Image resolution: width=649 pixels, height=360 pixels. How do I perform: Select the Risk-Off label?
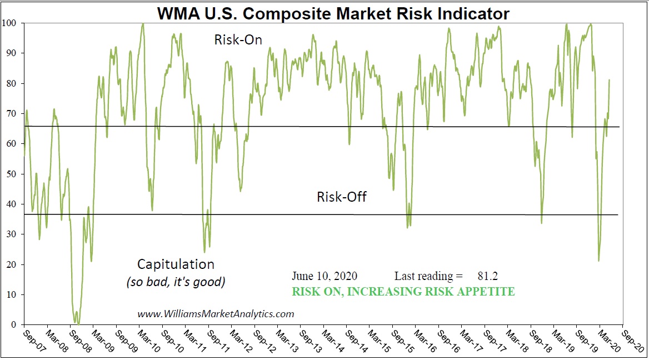[342, 197]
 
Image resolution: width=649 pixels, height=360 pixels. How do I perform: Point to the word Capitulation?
[176, 264]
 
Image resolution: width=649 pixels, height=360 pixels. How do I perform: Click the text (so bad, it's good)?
[176, 282]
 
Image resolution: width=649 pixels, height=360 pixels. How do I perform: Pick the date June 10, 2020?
[324, 276]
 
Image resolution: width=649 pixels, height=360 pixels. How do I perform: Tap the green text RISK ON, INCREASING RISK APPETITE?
[403, 291]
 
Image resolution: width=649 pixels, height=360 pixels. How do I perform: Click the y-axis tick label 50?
[13, 174]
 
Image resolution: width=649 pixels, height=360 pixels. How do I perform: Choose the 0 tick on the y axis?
[15, 324]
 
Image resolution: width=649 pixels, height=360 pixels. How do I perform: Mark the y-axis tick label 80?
[13, 83]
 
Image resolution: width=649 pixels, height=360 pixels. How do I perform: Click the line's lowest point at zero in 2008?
[78, 323]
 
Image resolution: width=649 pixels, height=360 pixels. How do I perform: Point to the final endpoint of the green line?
[610, 80]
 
